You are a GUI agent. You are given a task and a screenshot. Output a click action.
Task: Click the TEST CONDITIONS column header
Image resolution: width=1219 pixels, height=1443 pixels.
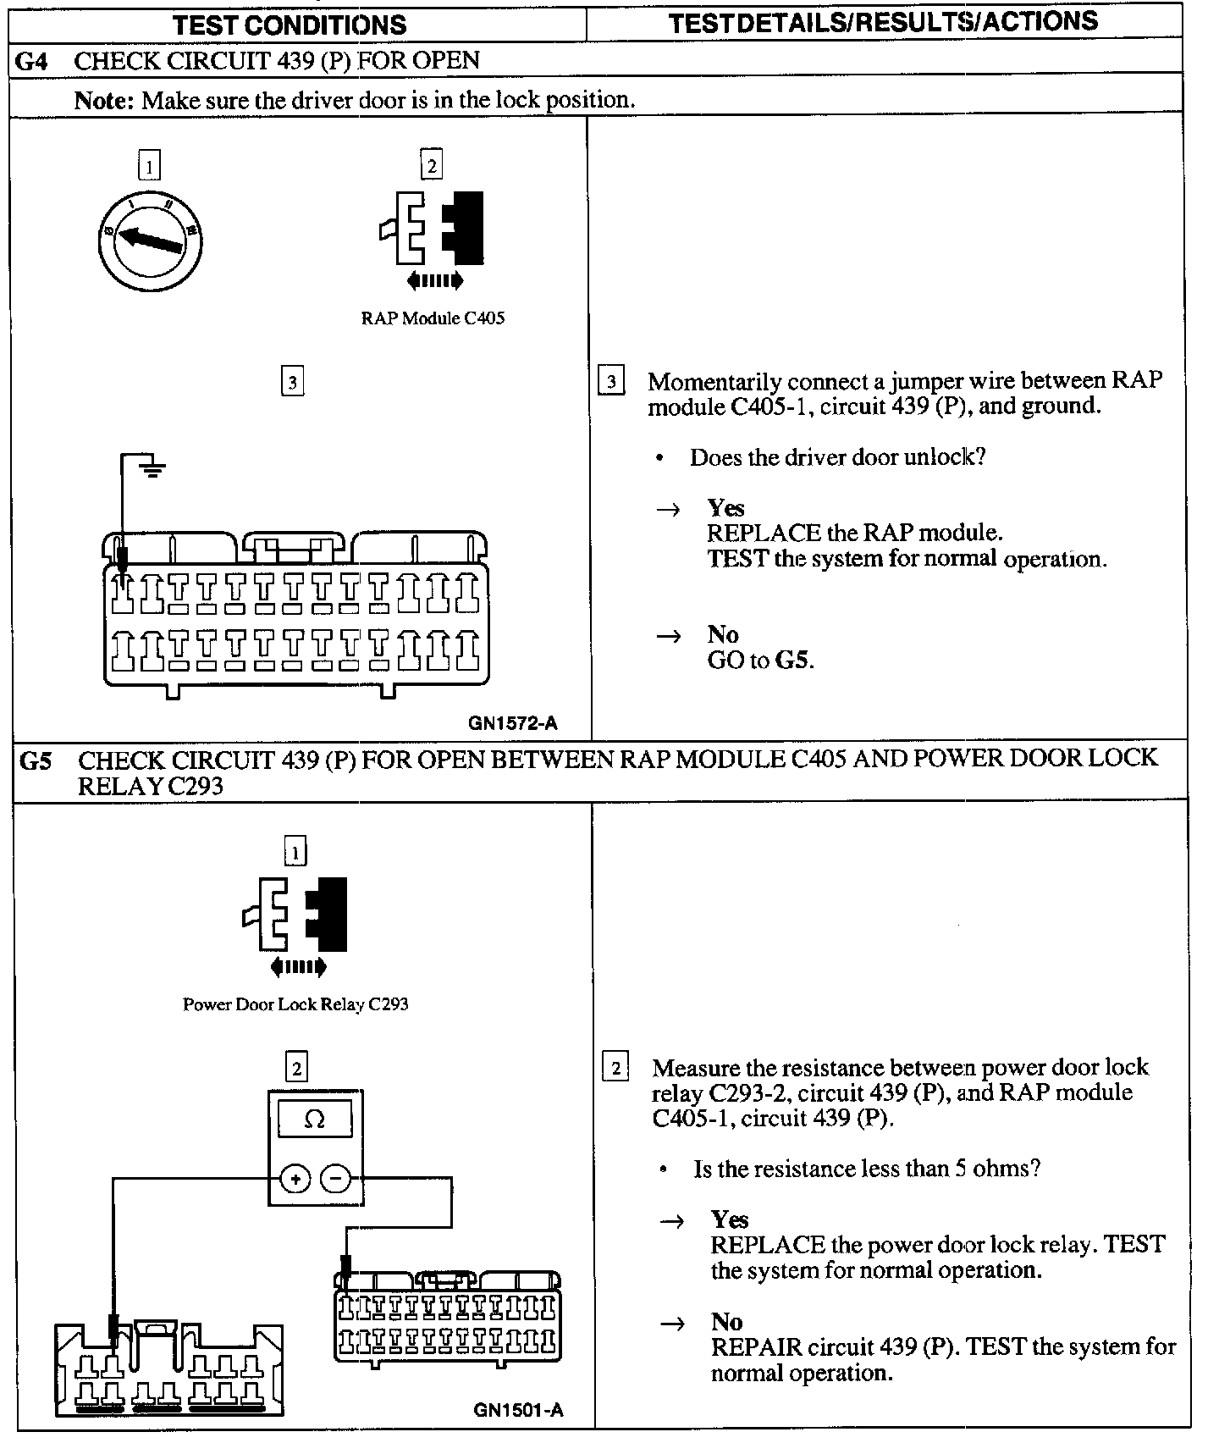290,25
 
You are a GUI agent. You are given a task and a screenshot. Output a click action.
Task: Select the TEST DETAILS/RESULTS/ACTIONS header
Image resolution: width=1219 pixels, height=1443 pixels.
883,22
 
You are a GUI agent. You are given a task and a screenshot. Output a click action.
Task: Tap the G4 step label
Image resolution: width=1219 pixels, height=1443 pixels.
33,61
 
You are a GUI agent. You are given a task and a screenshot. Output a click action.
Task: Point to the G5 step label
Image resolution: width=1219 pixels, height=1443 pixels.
36,760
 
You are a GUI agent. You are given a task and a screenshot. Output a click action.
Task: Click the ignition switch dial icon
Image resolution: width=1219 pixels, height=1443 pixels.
151,240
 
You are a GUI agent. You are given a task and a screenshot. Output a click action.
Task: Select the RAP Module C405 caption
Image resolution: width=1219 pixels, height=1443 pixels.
433,318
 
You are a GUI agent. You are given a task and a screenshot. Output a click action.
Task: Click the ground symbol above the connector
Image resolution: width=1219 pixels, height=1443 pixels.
152,467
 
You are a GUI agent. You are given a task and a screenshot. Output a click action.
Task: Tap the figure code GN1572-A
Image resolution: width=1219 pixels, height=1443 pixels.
513,723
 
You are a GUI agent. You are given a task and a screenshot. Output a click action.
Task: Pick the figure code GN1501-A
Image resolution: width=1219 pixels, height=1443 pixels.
518,1410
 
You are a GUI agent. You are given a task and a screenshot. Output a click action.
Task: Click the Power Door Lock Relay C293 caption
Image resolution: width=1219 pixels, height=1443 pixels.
295,1004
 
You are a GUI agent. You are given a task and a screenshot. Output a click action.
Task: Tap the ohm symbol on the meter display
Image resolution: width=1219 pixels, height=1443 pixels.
314,1120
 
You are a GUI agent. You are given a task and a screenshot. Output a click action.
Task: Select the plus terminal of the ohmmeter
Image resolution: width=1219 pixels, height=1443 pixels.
295,1178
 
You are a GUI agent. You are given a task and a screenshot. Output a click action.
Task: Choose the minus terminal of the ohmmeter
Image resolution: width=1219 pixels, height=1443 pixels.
336,1178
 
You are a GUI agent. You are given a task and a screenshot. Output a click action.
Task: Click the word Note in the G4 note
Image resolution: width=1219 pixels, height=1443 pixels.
103,101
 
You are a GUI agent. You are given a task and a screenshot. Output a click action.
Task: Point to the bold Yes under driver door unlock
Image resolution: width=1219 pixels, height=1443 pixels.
725,508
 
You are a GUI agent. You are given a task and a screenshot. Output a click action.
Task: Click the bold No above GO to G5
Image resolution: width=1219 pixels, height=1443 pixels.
723,634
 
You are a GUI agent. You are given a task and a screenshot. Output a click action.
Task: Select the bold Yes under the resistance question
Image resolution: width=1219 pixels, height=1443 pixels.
730,1219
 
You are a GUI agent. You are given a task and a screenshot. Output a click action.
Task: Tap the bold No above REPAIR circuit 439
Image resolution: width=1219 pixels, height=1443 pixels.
726,1322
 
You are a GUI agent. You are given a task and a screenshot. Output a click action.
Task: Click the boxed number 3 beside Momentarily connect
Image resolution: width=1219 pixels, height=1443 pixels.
611,382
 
